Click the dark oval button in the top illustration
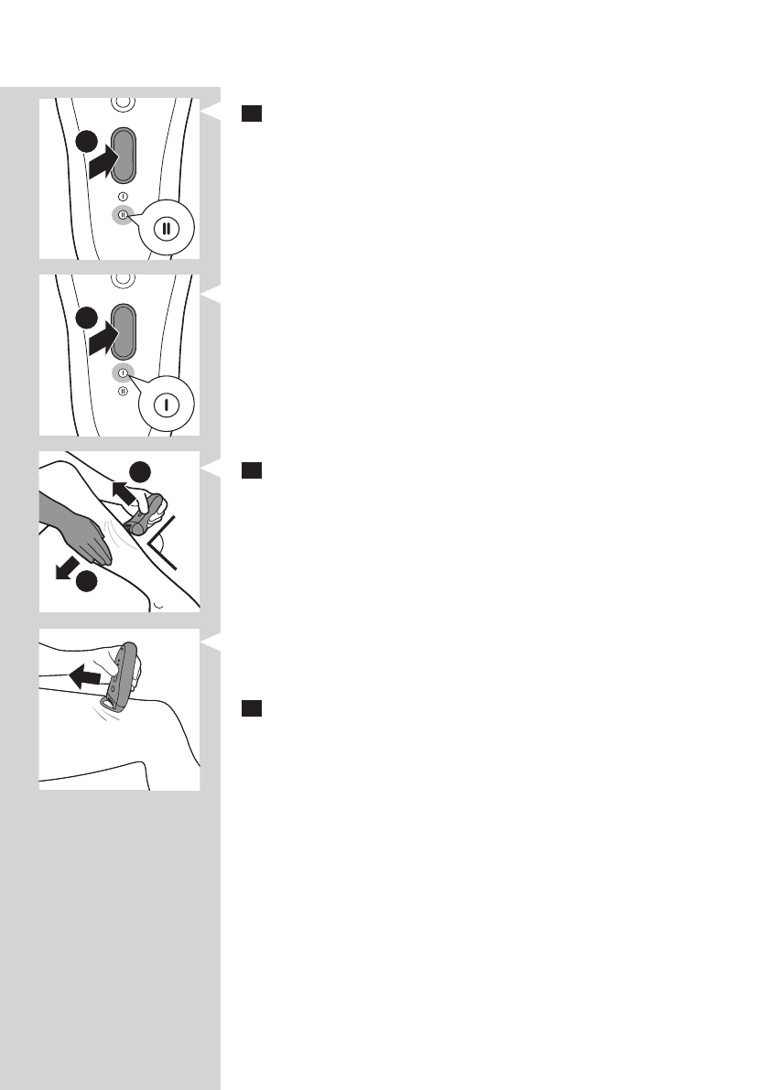123,156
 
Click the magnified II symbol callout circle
165,229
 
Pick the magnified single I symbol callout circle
165,403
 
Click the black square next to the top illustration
253,113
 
